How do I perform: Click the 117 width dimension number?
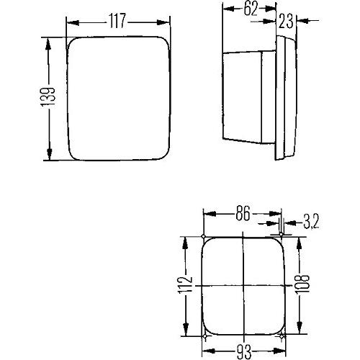click(x=117, y=21)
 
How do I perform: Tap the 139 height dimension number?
click(x=48, y=97)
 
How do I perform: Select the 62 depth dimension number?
click(x=251, y=9)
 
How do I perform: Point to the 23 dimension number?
click(x=286, y=21)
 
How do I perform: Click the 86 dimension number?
click(x=243, y=213)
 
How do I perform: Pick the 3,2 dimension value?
click(x=311, y=222)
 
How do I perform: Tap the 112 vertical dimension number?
click(x=185, y=285)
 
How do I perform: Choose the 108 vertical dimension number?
click(x=302, y=284)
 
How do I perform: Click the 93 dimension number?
click(x=244, y=351)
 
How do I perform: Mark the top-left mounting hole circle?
click(x=204, y=237)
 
